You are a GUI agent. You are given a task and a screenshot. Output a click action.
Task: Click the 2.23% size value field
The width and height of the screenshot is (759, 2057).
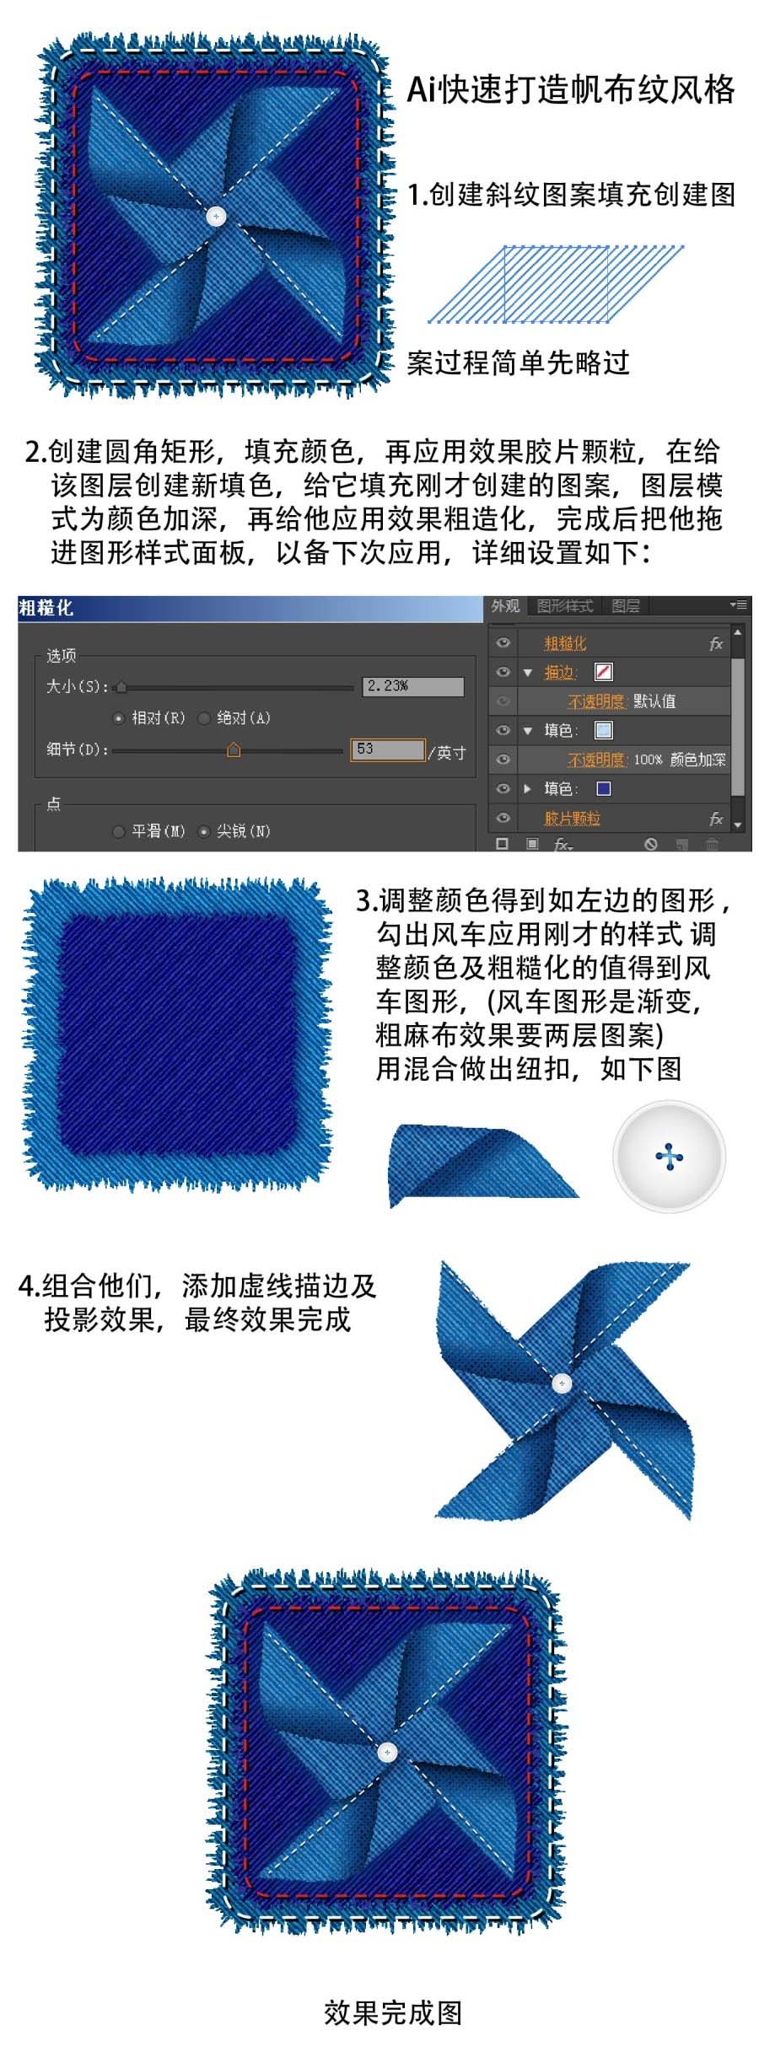click(x=413, y=686)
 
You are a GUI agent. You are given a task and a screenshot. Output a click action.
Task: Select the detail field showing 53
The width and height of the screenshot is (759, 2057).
click(x=388, y=749)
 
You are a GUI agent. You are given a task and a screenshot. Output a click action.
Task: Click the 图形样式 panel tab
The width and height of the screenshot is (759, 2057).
click(x=564, y=606)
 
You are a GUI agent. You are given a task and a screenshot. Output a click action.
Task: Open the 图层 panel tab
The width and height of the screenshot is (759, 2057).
click(x=626, y=606)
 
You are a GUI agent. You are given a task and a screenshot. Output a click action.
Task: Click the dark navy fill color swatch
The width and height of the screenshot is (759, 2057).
click(x=604, y=789)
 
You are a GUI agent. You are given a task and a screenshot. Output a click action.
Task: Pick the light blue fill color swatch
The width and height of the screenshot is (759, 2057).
click(x=604, y=730)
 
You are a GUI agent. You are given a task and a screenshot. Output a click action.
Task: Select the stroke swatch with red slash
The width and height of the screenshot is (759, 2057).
click(x=604, y=672)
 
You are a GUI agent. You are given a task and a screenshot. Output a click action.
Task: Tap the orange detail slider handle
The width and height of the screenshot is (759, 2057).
click(x=234, y=749)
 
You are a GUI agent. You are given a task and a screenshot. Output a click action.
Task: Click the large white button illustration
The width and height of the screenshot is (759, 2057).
click(x=669, y=1157)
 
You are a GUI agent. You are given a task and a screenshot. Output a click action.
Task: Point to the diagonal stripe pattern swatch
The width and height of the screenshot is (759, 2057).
click(x=556, y=284)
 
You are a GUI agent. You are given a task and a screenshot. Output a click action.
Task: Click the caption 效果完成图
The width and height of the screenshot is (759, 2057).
click(x=393, y=2012)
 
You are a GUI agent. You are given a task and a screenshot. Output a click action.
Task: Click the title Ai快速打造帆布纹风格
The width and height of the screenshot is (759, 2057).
click(x=571, y=89)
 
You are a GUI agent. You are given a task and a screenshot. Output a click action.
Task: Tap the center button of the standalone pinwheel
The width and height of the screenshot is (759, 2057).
click(x=562, y=1383)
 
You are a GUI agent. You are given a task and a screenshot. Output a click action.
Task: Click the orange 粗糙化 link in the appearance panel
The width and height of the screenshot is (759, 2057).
click(x=564, y=643)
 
